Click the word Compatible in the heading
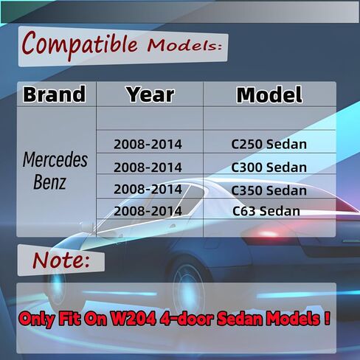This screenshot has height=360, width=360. [x=79, y=44]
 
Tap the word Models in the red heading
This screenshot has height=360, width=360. [x=184, y=46]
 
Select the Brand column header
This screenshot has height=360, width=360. [x=55, y=94]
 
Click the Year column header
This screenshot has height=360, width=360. [x=150, y=94]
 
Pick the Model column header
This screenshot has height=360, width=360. [x=269, y=94]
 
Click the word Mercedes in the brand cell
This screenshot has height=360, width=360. [x=55, y=160]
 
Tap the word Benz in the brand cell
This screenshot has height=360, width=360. [x=49, y=182]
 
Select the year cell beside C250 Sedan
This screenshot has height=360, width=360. [x=148, y=144]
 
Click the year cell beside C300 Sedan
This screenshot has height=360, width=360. [x=148, y=167]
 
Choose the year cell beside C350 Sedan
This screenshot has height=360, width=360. [x=148, y=189]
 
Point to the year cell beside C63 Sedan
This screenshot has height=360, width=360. [x=148, y=211]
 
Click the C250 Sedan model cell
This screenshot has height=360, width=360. [x=269, y=144]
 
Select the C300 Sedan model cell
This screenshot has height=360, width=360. [x=269, y=167]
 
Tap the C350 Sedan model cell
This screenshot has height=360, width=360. [x=269, y=190]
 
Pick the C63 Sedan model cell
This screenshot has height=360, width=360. [x=266, y=211]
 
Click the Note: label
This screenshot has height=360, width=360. [x=61, y=260]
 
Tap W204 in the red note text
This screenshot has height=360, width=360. [x=133, y=319]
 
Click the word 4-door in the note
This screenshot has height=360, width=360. [x=186, y=319]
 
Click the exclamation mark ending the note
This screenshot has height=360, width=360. [x=327, y=318]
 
